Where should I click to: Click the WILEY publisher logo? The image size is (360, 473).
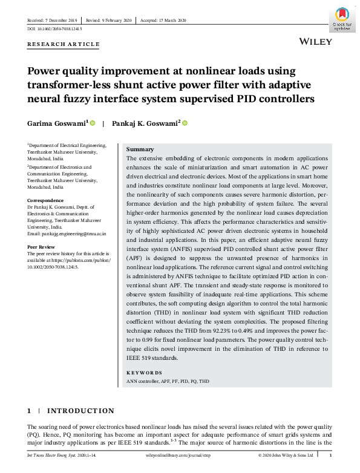point(316,42)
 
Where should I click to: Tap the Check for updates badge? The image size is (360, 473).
point(342,19)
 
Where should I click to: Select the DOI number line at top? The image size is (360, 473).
point(55,29)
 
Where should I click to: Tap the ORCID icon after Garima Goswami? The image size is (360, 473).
point(93,123)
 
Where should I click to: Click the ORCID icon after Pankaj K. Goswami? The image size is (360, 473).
point(185,123)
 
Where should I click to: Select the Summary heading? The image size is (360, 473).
point(140,149)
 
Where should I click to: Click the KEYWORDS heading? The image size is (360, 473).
point(144,373)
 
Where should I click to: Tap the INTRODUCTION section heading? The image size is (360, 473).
point(80,411)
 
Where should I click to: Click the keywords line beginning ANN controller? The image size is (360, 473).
point(168,382)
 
